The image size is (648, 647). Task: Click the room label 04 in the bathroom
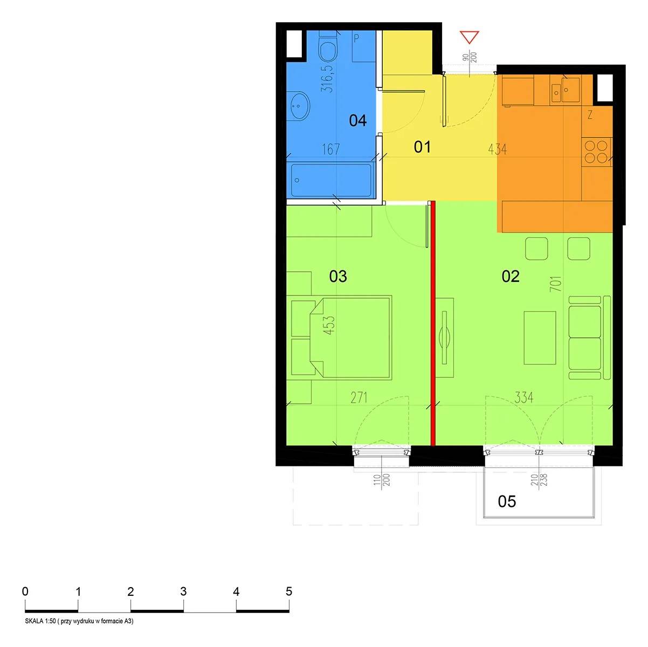(357, 120)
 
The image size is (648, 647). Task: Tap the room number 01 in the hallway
(422, 147)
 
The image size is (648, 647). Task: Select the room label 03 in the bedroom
(338, 276)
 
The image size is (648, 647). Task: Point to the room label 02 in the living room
(511, 276)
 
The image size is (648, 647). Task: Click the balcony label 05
(507, 501)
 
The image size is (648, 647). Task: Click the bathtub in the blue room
(331, 180)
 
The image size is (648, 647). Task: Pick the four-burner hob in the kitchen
(596, 152)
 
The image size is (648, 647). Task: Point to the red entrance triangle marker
(470, 37)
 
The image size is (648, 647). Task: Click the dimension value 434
(498, 149)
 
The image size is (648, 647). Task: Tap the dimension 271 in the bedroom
(359, 398)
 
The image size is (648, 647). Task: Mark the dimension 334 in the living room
(523, 398)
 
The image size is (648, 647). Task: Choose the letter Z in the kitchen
(590, 115)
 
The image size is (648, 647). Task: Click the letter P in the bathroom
(356, 38)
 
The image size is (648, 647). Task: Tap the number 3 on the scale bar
(183, 591)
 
